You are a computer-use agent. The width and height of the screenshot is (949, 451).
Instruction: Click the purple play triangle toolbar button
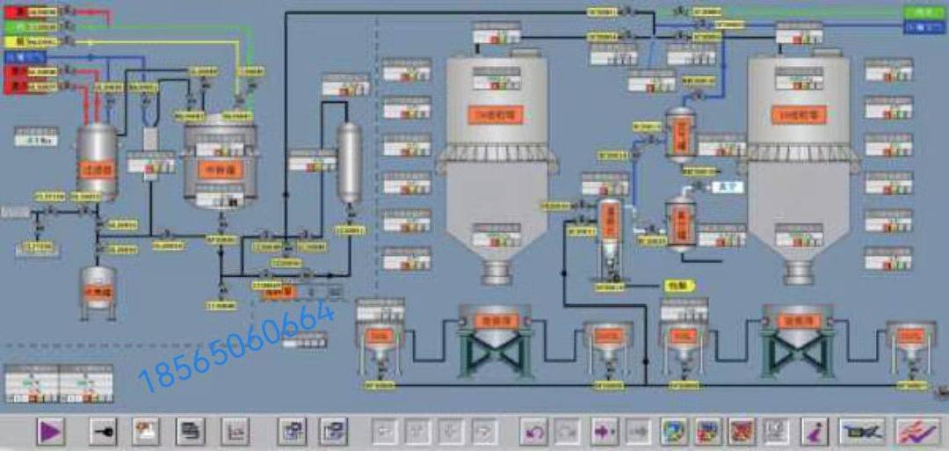point(50,431)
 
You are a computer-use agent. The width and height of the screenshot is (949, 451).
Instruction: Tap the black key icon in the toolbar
point(103,431)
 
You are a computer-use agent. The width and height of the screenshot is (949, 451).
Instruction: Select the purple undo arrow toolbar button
point(534,431)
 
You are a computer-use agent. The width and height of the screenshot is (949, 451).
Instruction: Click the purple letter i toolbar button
point(815,431)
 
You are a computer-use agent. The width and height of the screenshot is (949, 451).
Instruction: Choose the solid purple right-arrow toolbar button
point(604,431)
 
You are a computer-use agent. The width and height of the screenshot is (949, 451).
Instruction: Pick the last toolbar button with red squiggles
point(917,431)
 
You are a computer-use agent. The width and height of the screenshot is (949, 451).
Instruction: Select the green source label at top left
point(15,26)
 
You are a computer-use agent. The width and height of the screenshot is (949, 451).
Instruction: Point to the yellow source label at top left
point(15,40)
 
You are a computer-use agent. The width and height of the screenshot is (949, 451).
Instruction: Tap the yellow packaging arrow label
point(678,285)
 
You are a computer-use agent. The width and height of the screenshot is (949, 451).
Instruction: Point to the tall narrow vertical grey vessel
point(350,163)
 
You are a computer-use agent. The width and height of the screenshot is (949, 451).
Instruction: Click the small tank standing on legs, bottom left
point(98,288)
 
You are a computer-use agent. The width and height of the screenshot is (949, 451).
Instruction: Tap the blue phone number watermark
point(237,344)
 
